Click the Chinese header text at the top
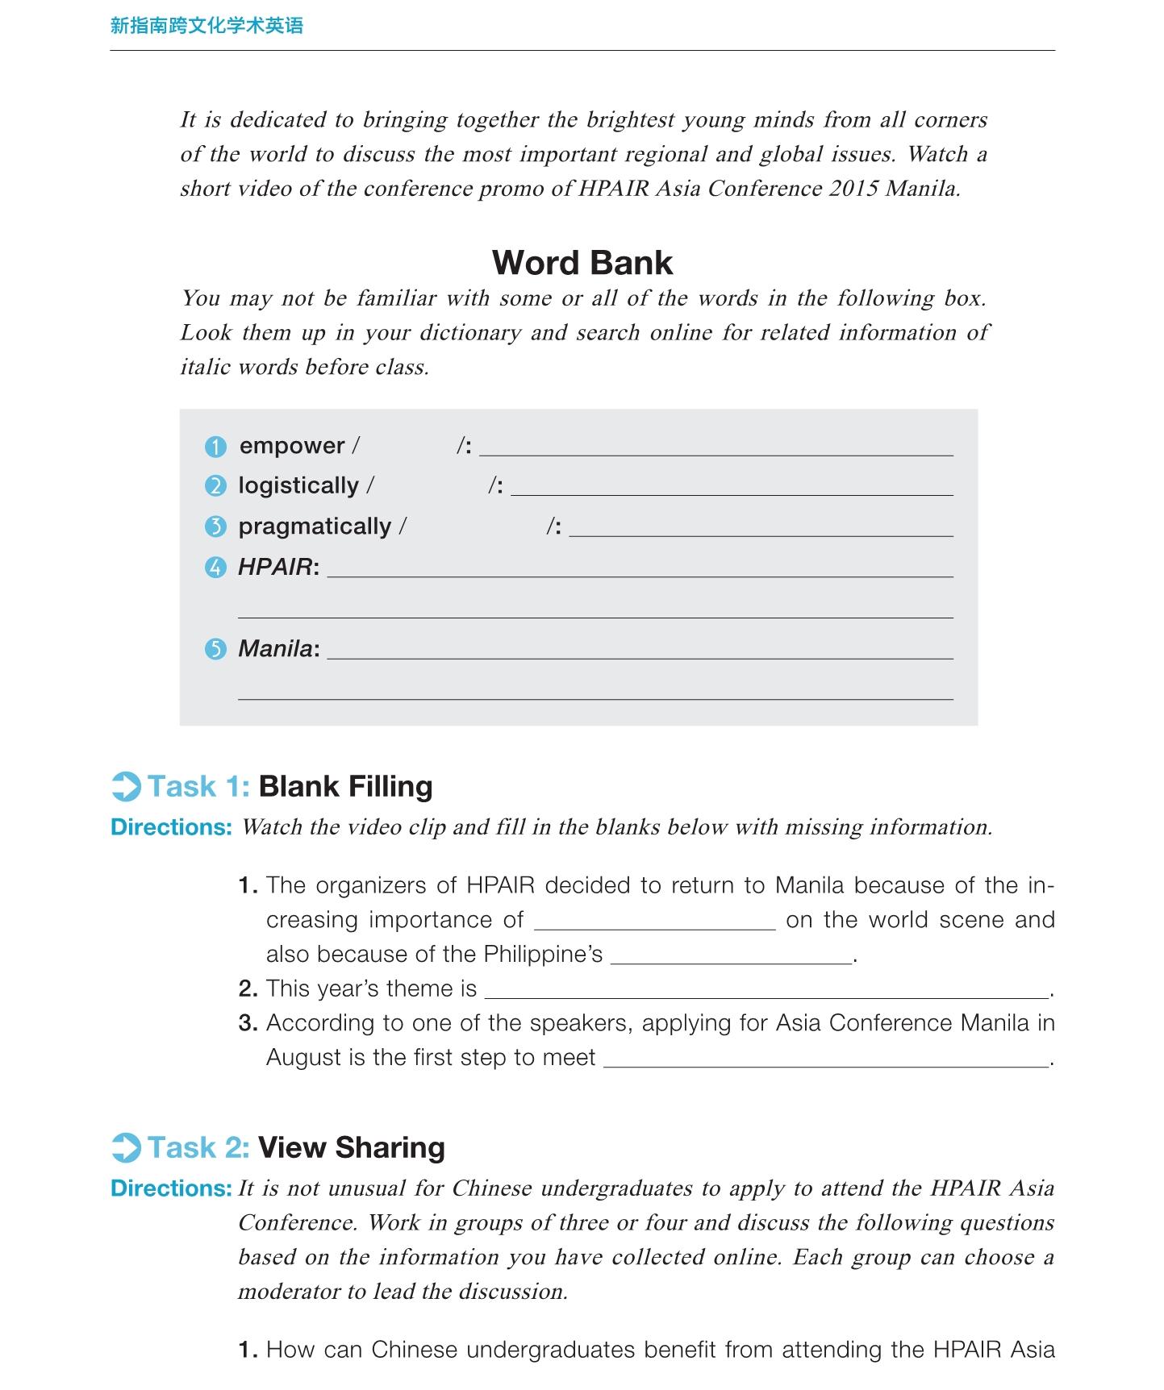[207, 26]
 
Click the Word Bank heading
[582, 263]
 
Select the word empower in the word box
[292, 445]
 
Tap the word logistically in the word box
[298, 485]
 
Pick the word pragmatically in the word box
[315, 526]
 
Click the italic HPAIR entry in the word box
[275, 567]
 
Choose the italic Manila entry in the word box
[275, 648]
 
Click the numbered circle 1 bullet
[215, 446]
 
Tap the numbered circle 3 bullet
[215, 527]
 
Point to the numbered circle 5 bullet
[215, 649]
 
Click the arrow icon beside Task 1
[126, 787]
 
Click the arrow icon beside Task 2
[126, 1148]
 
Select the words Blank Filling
[345, 786]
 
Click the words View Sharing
[351, 1147]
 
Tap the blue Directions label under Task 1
[171, 827]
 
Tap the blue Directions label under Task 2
[171, 1188]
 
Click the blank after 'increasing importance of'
[654, 922]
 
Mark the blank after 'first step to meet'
[826, 1059]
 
